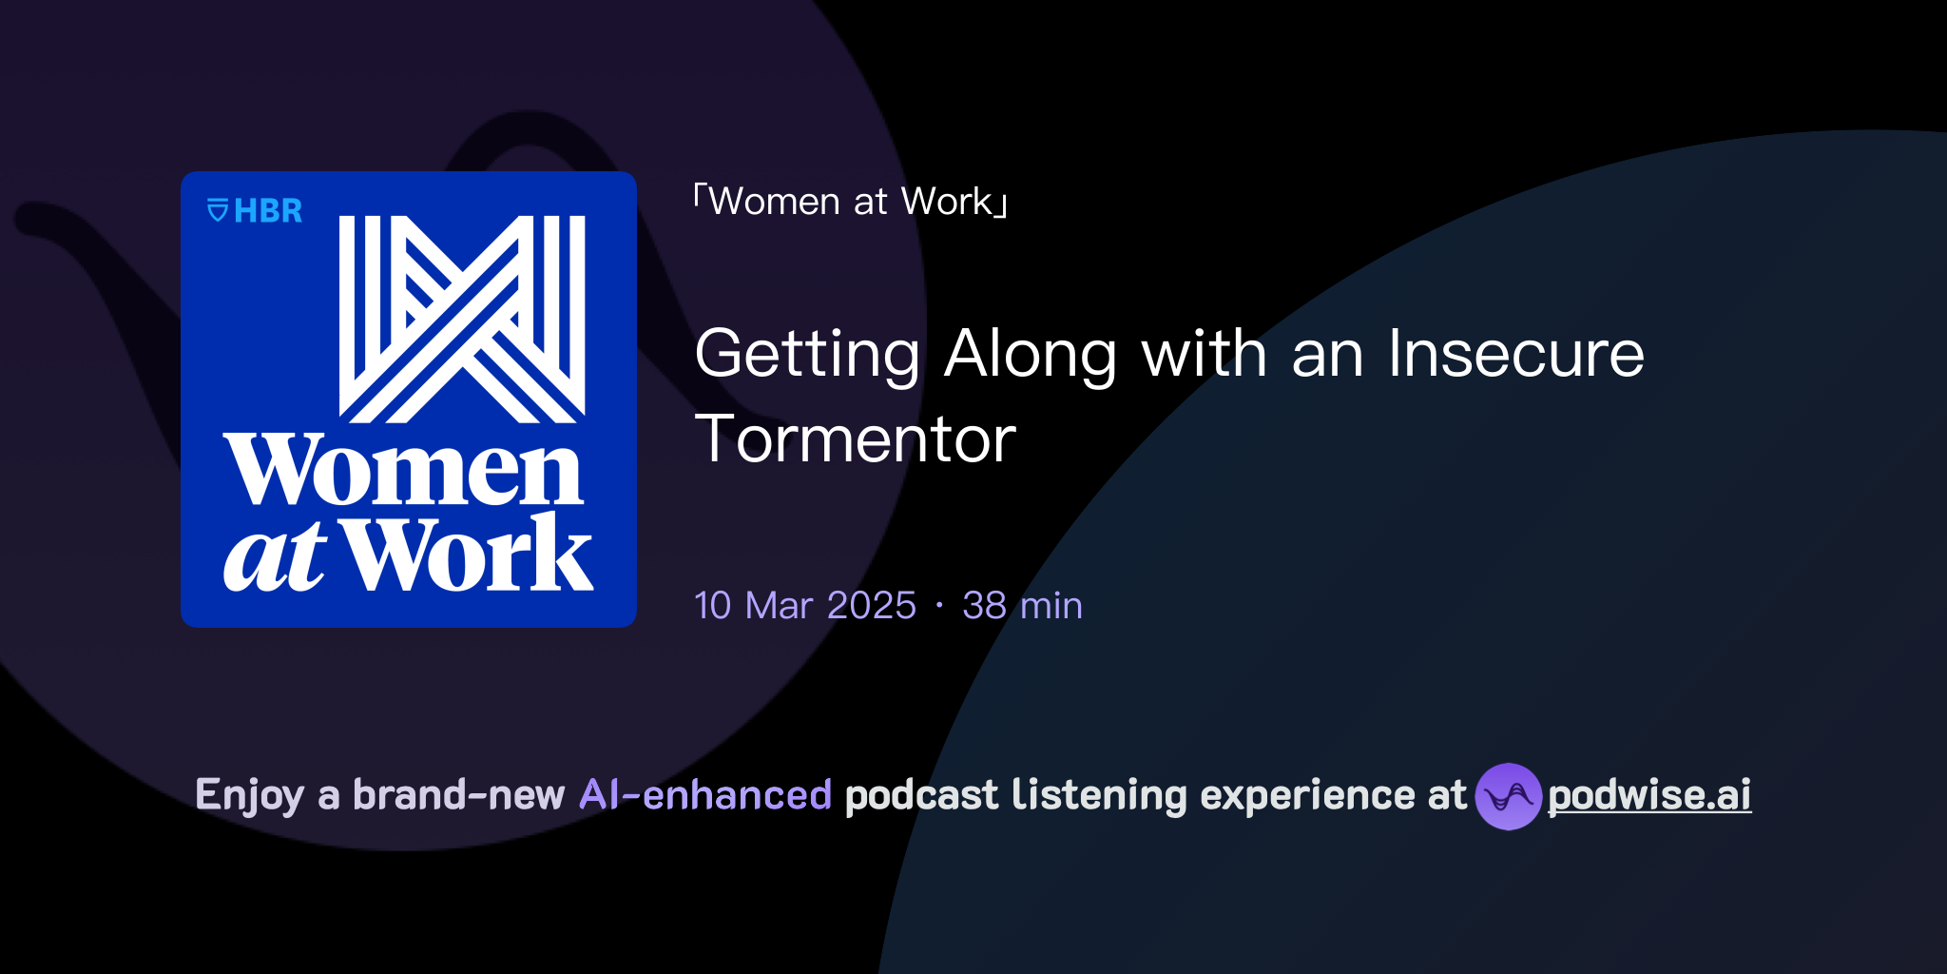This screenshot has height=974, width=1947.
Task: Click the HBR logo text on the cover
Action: pyautogui.click(x=268, y=210)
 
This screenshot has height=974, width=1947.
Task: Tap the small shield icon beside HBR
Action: pyautogui.click(x=218, y=210)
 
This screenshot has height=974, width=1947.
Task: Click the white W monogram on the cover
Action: pyautogui.click(x=462, y=319)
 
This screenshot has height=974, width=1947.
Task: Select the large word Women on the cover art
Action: pyautogui.click(x=403, y=471)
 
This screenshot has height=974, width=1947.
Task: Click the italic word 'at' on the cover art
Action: pyautogui.click(x=275, y=556)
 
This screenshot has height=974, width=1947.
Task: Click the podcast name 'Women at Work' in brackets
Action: pyautogui.click(x=850, y=202)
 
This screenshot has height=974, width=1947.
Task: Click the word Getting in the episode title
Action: pyautogui.click(x=807, y=354)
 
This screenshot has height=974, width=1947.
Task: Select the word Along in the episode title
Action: pyautogui.click(x=1031, y=354)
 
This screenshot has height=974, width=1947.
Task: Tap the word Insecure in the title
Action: pyautogui.click(x=1515, y=354)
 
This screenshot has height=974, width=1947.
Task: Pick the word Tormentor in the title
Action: pyautogui.click(x=855, y=439)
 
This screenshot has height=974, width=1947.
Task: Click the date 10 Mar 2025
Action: pyautogui.click(x=804, y=605)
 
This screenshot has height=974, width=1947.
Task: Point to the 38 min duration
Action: pyautogui.click(x=1022, y=605)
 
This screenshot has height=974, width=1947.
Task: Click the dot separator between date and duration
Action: pyautogui.click(x=939, y=606)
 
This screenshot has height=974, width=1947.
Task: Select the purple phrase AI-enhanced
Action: pyautogui.click(x=705, y=794)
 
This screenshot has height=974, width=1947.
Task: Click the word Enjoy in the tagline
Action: pyautogui.click(x=249, y=795)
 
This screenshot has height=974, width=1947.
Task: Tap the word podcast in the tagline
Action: pyautogui.click(x=921, y=794)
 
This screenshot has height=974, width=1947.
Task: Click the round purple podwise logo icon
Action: pyautogui.click(x=1508, y=796)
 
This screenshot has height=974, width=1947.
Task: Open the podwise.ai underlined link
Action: pyautogui.click(x=1649, y=795)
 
